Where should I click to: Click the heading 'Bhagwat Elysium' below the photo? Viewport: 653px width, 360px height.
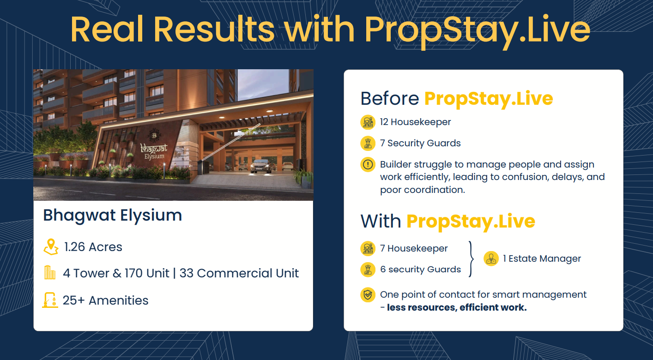113,216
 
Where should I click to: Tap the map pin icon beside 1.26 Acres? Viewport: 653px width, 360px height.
51,247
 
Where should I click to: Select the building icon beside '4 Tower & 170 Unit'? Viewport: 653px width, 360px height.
49,272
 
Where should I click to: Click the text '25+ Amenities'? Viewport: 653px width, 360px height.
106,300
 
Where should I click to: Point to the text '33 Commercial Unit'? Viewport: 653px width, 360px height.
239,273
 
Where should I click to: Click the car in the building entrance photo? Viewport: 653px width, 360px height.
261,166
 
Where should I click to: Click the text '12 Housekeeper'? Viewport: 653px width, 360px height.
416,122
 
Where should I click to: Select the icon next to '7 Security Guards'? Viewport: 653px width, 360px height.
368,143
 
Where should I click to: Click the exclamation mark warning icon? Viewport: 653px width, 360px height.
368,165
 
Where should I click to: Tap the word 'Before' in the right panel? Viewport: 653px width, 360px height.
390,98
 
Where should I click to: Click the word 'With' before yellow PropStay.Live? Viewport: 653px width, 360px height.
381,222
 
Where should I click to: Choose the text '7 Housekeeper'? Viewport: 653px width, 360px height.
414,248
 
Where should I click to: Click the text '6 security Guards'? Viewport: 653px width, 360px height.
421,270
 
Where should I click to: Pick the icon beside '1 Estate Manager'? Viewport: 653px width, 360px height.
491,258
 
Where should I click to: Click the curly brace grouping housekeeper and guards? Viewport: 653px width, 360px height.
471,259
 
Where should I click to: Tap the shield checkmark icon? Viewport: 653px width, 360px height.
368,295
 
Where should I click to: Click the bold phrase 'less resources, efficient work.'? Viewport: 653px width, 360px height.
457,307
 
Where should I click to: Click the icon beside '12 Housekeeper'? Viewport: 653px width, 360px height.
368,122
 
